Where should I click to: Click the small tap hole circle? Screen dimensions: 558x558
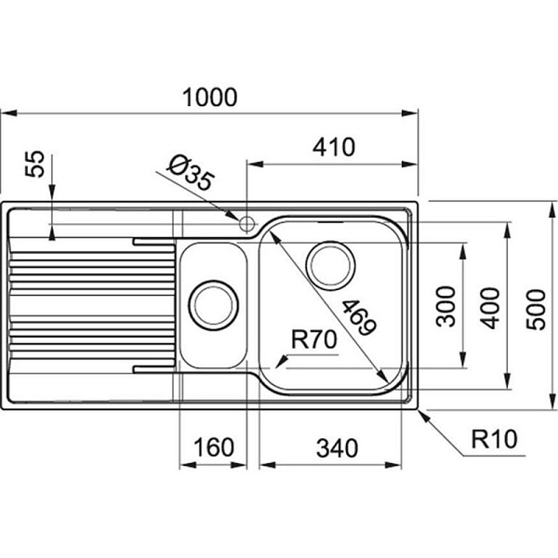click(246, 223)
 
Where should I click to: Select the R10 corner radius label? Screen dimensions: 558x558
click(490, 436)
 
